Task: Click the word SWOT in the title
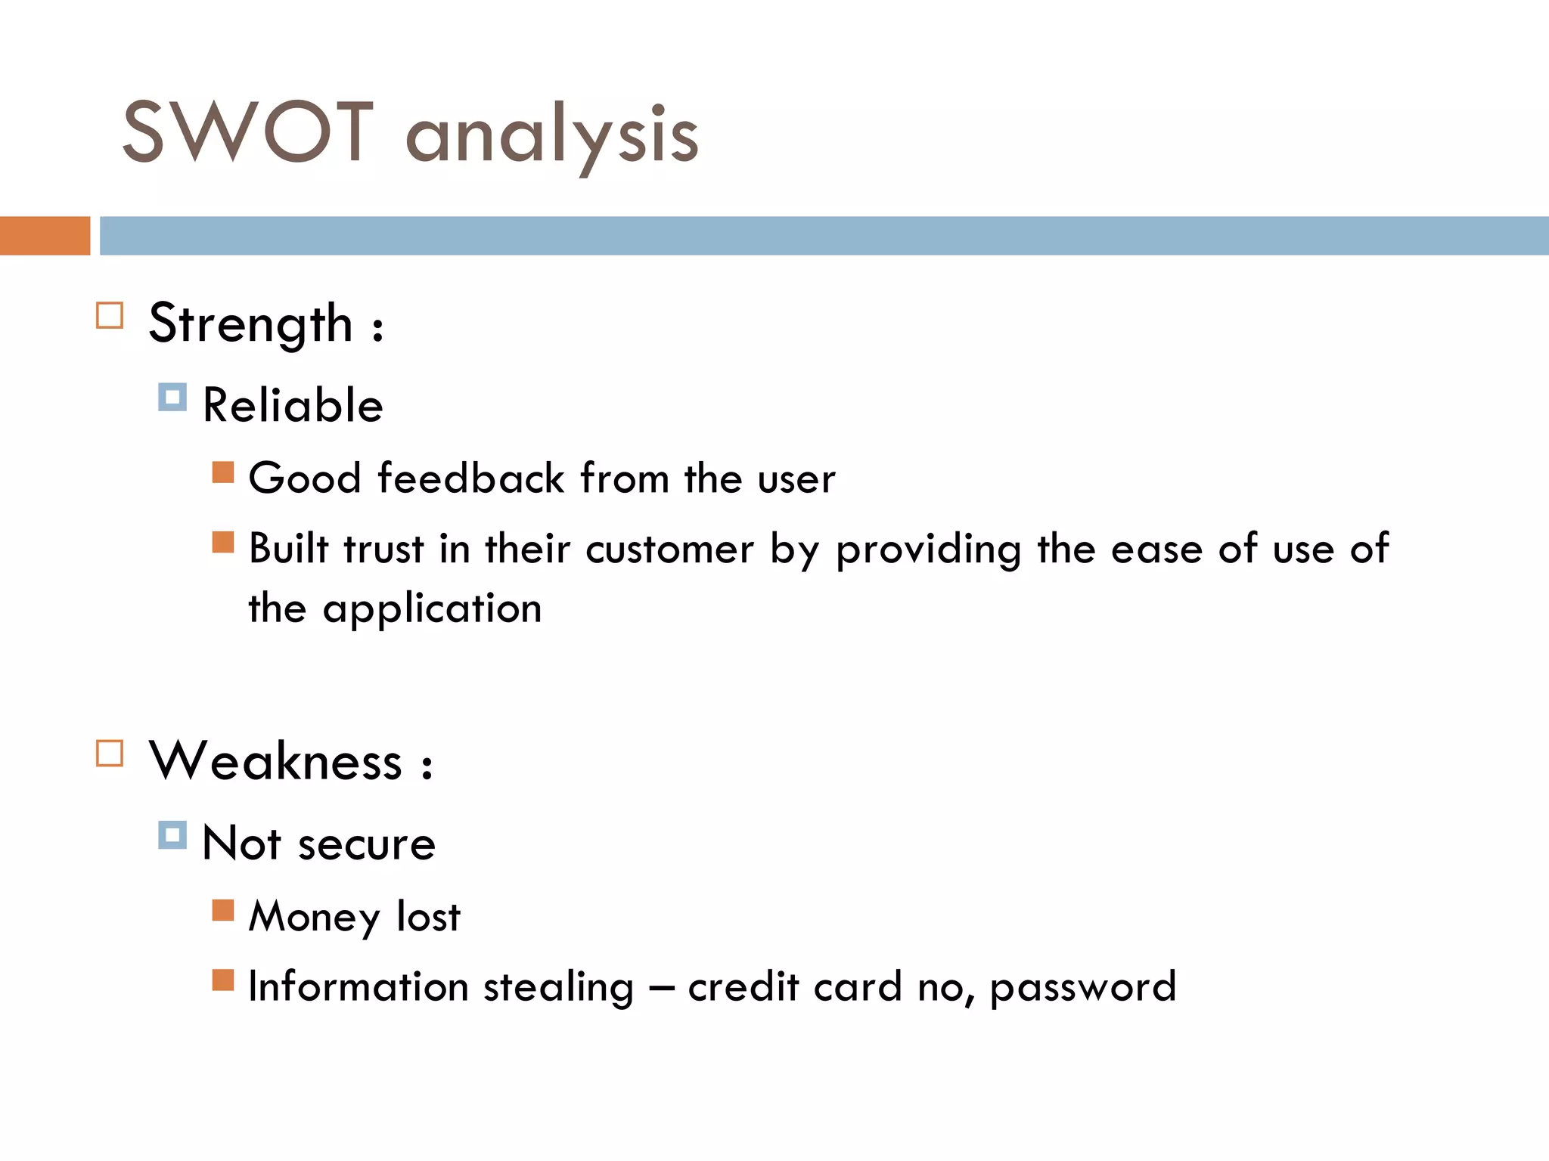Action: coord(248,132)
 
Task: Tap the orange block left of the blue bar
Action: coord(45,236)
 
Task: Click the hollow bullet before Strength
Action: coord(110,315)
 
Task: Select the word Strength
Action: coord(251,324)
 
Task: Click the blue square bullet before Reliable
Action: coord(172,397)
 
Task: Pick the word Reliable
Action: coord(293,405)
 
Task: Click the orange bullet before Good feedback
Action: coord(223,472)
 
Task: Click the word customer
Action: coord(670,550)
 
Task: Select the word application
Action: coord(433,609)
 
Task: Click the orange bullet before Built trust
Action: coord(223,542)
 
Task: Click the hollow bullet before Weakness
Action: coord(110,753)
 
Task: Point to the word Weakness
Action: coord(276,761)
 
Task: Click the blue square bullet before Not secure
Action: coord(172,835)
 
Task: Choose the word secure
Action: coord(367,844)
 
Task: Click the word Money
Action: coord(315,917)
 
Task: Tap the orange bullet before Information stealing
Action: coord(223,980)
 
